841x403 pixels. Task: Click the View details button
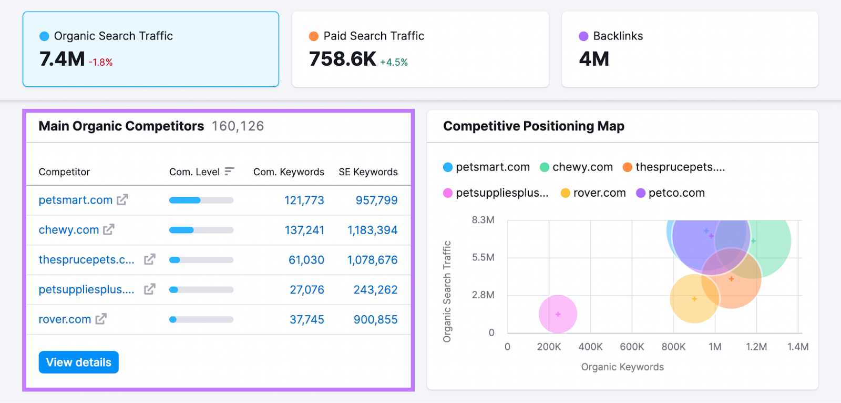(79, 362)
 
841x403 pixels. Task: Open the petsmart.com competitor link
(76, 200)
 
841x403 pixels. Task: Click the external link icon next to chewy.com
(109, 229)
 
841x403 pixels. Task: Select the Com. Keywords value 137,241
(304, 230)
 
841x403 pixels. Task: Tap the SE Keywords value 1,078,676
(372, 260)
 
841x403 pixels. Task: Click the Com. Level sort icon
(229, 172)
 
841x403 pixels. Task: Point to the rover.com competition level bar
(201, 319)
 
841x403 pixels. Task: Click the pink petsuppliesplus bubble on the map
(558, 314)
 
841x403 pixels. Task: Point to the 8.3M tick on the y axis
(483, 220)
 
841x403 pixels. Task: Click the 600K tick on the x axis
(632, 347)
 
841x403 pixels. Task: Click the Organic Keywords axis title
(622, 367)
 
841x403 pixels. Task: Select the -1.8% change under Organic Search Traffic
(100, 62)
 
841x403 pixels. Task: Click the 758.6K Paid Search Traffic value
(343, 59)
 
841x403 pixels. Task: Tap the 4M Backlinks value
(594, 59)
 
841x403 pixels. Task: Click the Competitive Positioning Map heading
(534, 126)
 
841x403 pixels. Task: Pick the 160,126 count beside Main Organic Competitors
(238, 126)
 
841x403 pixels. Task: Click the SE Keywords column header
(368, 172)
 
